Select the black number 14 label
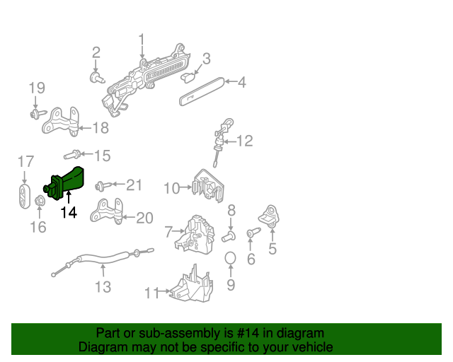tap(68, 212)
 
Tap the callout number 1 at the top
tap(141, 39)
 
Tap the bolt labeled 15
tap(71, 155)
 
